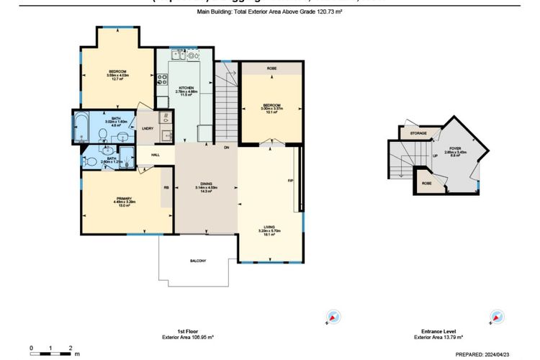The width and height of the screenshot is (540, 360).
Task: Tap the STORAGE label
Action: tap(418, 134)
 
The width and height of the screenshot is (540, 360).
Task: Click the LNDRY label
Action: tap(148, 128)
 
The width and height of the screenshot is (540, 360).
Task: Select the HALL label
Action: tap(156, 155)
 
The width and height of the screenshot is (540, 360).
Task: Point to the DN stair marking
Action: tap(226, 147)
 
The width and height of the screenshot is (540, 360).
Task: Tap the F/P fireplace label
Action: tap(289, 180)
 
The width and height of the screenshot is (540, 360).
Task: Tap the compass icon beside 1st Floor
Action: tap(333, 316)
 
